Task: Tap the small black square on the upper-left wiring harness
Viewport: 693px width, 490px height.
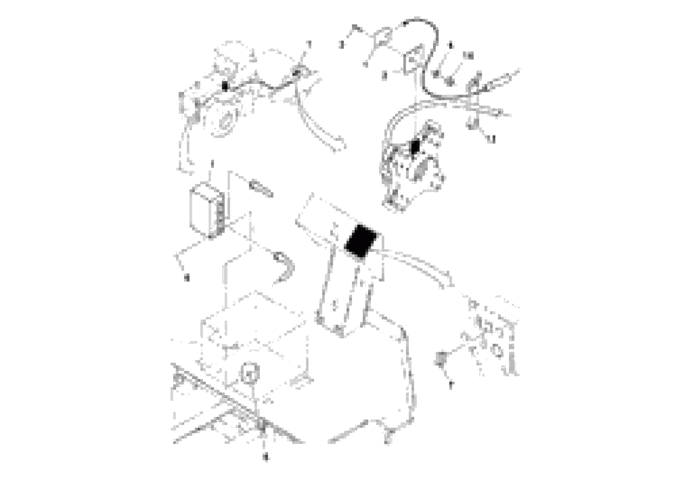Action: (x=225, y=86)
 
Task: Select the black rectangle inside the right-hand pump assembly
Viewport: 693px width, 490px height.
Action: (x=416, y=147)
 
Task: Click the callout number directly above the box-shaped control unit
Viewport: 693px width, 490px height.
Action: (x=212, y=164)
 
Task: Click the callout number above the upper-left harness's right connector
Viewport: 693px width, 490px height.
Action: (x=308, y=44)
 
